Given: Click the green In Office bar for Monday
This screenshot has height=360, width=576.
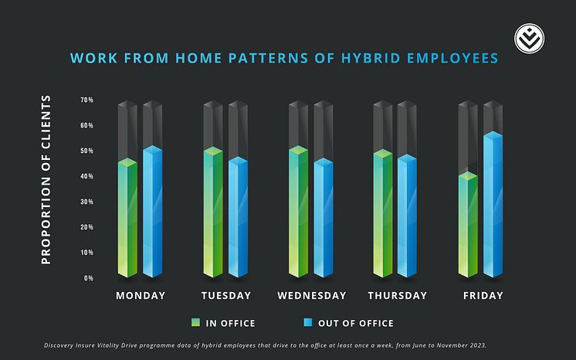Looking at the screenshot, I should (x=127, y=220).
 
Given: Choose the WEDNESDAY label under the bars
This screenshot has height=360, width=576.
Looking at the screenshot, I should (x=312, y=296).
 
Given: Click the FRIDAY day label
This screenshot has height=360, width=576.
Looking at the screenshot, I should (x=483, y=296).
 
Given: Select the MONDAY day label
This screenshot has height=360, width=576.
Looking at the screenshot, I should (x=141, y=296).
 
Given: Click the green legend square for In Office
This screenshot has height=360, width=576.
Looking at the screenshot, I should (x=196, y=323).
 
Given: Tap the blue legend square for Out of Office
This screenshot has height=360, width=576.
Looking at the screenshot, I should (x=308, y=323).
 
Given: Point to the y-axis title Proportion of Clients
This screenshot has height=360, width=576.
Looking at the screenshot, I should (x=46, y=179).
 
